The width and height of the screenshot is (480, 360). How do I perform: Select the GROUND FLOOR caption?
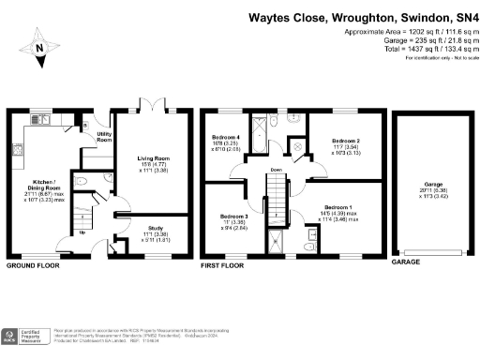pos(35,265)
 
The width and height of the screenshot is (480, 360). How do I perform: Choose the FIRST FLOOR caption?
pos(224,265)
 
